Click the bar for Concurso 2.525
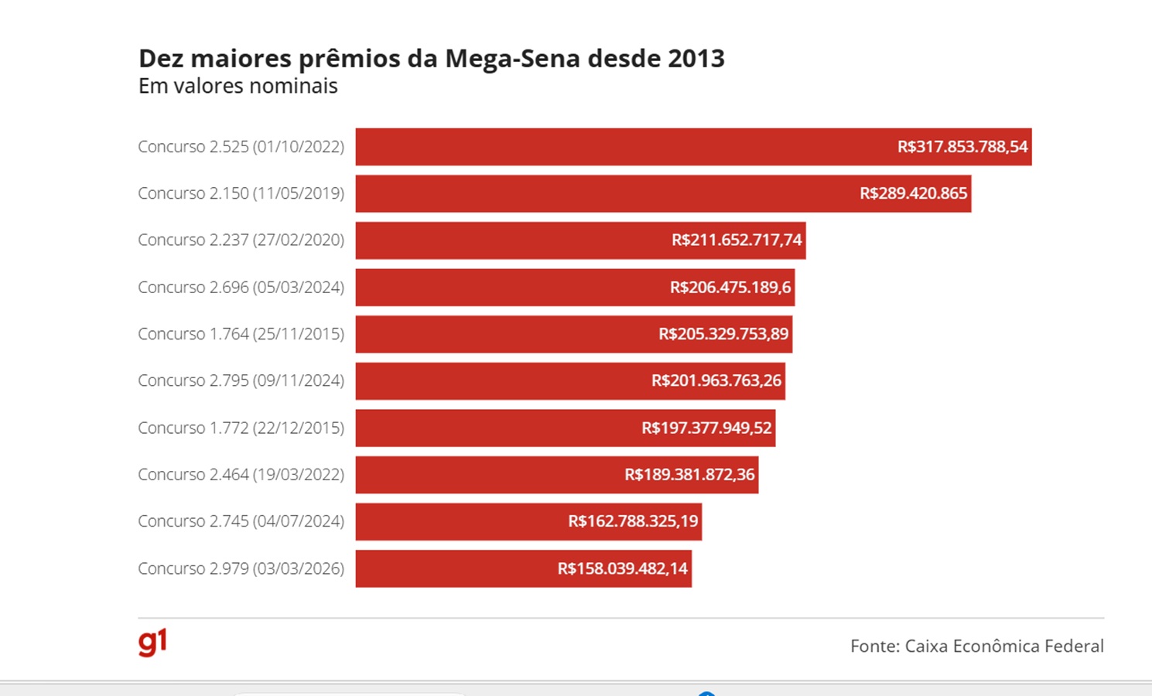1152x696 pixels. click(619, 147)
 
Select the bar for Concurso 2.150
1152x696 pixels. click(603, 193)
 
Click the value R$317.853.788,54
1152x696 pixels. click(962, 147)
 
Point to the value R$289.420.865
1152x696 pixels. click(913, 193)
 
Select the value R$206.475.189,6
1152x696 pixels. click(730, 288)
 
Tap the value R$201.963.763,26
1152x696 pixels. click(716, 380)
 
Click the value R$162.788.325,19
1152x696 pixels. click(633, 521)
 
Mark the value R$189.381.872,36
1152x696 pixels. click(689, 475)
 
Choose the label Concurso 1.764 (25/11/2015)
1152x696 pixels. click(241, 334)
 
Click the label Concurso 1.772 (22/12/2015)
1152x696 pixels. click(241, 428)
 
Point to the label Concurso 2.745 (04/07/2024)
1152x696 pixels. click(241, 521)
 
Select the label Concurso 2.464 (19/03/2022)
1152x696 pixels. click(241, 475)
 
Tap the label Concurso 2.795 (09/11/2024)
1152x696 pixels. click(241, 380)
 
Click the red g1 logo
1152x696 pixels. click(152, 643)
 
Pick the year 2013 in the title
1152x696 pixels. click(696, 59)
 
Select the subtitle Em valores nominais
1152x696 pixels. click(238, 86)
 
